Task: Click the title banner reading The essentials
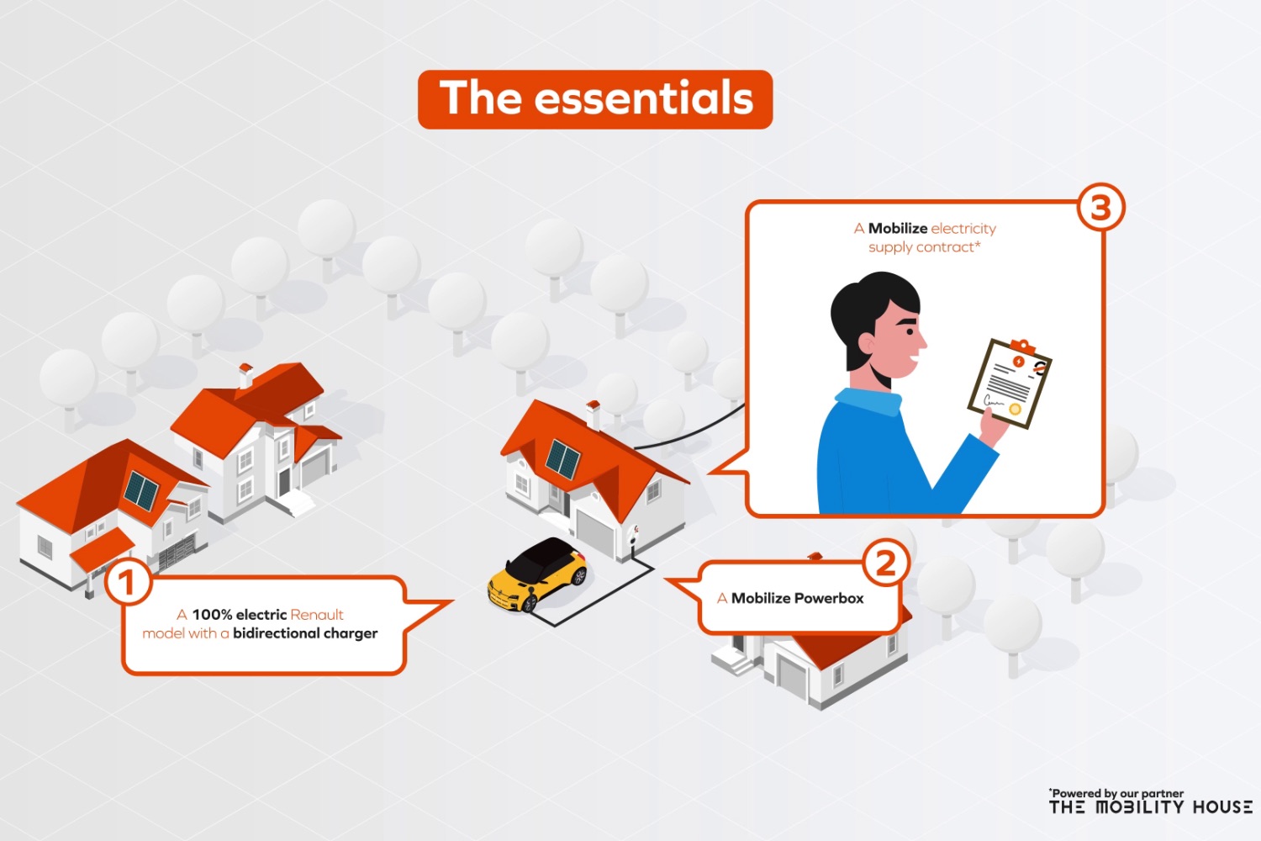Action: (x=595, y=100)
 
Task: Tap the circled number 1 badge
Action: (x=128, y=582)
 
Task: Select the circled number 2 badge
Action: (x=885, y=563)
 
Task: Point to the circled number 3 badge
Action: (x=1101, y=207)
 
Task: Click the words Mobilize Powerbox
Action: (x=797, y=598)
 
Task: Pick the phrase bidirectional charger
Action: (x=305, y=634)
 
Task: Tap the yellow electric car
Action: (x=538, y=574)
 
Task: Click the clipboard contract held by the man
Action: (x=1009, y=383)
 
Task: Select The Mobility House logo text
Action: (x=1150, y=807)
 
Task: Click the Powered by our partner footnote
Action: (x=1116, y=793)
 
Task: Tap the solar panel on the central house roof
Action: (x=563, y=458)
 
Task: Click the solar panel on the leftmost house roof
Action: (x=140, y=490)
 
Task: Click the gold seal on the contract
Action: (x=1015, y=410)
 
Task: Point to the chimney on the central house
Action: (x=593, y=415)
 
